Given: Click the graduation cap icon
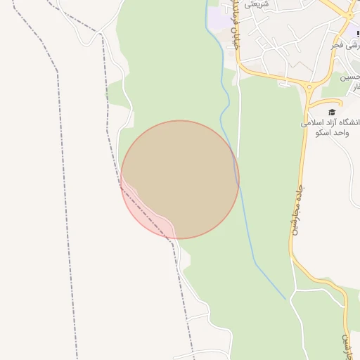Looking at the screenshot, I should (331, 111).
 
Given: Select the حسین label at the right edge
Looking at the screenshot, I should (351, 77).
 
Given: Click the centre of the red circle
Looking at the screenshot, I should (180, 179).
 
